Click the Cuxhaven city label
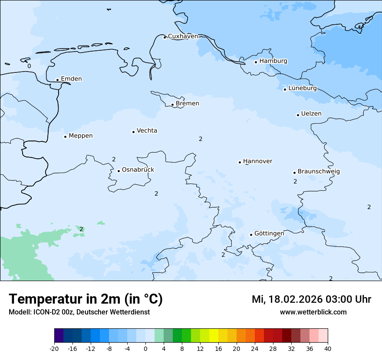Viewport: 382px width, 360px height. (183, 36)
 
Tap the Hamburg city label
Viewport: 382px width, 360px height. (273, 61)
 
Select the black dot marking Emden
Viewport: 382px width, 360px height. (57, 80)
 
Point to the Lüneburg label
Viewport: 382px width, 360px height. (302, 88)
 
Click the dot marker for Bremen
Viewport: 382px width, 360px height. (172, 105)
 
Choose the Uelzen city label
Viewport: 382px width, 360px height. (311, 114)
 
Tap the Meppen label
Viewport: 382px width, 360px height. (81, 136)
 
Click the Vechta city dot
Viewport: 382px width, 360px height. (133, 132)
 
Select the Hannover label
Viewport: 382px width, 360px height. (257, 161)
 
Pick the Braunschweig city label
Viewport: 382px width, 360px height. (319, 171)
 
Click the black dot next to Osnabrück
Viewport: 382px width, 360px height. (119, 171)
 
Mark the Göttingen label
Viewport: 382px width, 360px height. (269, 233)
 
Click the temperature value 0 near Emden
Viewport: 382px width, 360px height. (29, 66)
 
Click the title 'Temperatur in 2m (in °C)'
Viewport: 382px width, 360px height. (86, 299)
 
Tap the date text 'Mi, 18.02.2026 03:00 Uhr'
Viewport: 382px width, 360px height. (311, 299)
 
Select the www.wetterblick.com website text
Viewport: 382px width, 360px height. (313, 312)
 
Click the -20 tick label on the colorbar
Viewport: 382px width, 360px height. (54, 349)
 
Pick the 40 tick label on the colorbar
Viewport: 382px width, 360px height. (328, 349)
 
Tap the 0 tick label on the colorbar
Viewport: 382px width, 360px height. (145, 349)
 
